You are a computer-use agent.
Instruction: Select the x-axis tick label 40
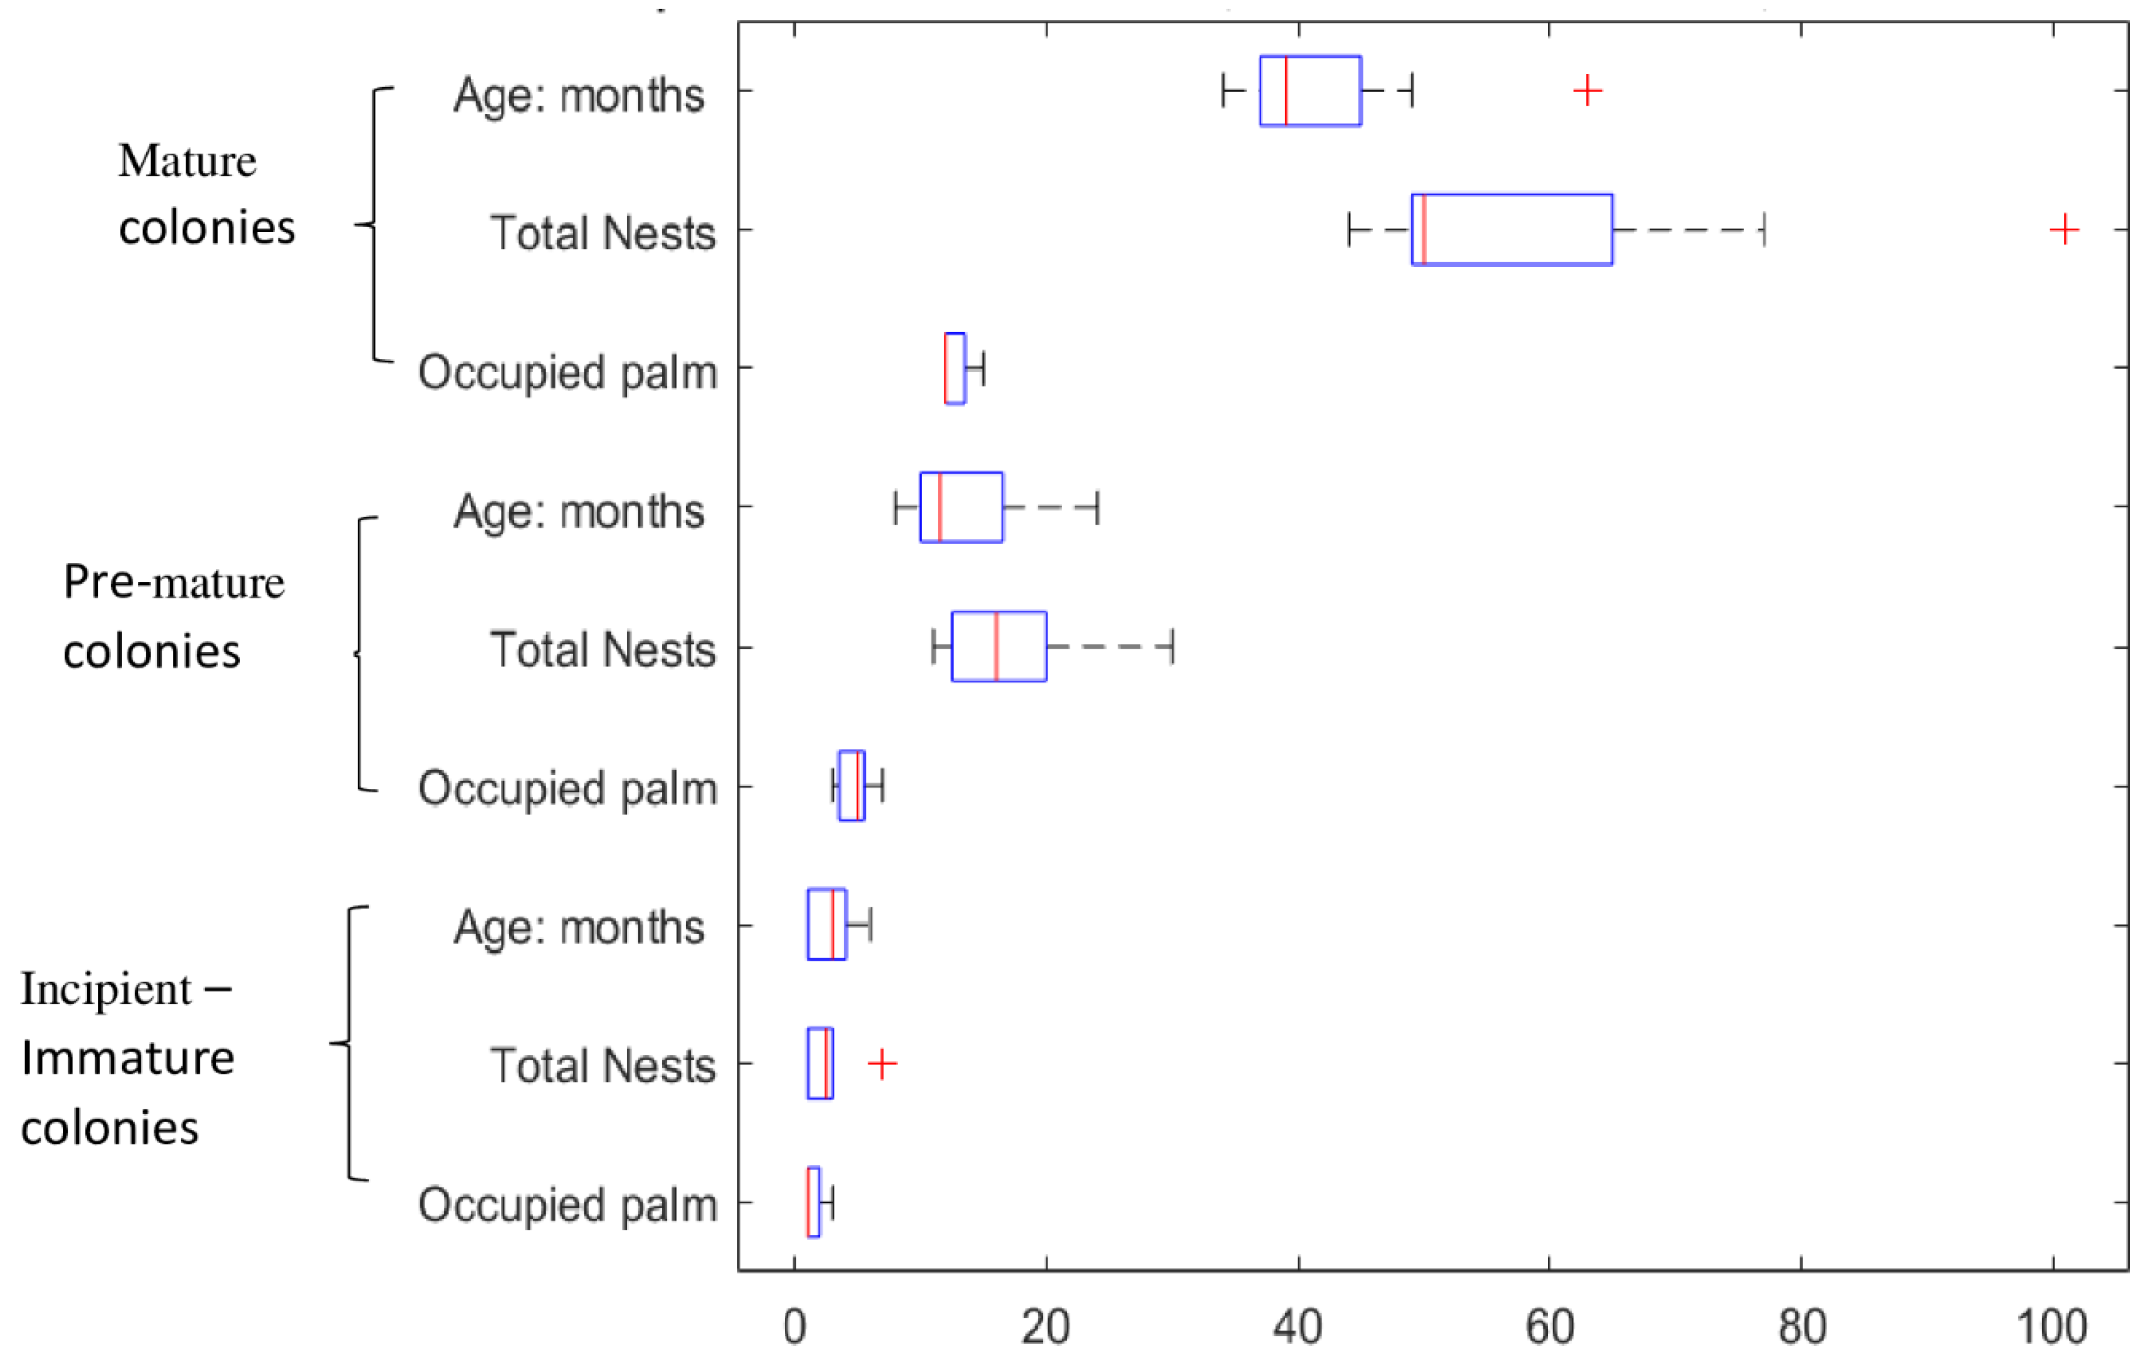point(1297,1327)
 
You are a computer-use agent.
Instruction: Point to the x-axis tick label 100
point(2052,1327)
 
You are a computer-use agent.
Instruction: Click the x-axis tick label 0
point(795,1327)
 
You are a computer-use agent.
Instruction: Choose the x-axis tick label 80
point(1802,1327)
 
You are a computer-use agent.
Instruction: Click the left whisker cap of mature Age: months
point(1224,91)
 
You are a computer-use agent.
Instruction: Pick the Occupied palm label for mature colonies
point(568,372)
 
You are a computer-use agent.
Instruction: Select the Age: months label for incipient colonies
point(579,928)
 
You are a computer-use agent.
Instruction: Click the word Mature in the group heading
point(187,162)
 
